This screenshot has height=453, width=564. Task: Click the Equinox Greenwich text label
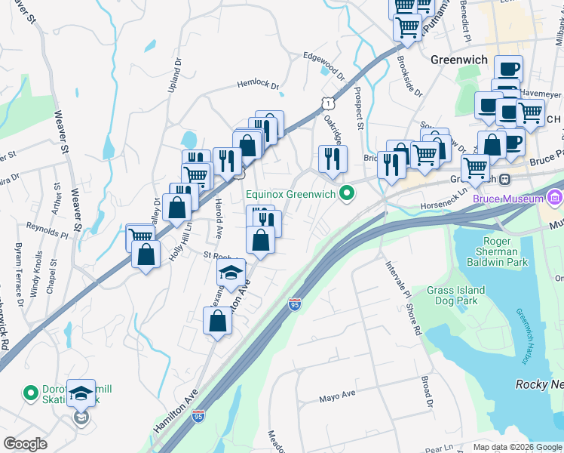290,194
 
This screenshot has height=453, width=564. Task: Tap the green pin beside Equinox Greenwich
347,194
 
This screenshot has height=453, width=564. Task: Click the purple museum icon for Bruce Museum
556,198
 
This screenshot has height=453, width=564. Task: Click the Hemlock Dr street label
258,85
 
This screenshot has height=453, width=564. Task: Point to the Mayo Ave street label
337,396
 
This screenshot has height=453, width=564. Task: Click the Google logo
26,444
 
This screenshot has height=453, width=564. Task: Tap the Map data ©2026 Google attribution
516,447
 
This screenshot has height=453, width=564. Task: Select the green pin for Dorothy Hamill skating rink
31,393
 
